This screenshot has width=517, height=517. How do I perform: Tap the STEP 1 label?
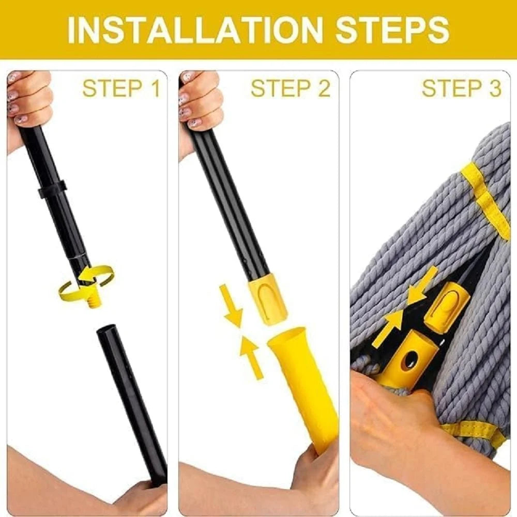[121, 88]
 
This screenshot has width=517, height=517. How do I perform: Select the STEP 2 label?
[290, 88]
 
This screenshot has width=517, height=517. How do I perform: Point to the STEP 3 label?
[461, 88]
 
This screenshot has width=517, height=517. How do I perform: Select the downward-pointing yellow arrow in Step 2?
[231, 308]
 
